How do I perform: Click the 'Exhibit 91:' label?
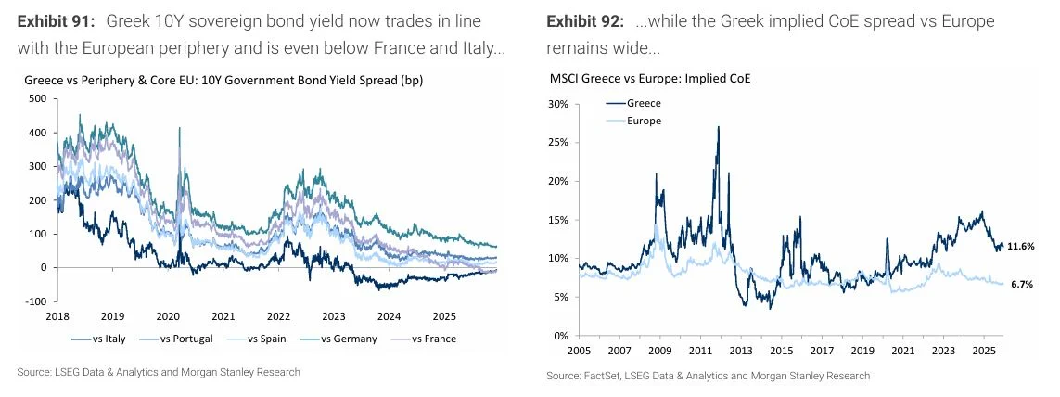tap(56, 20)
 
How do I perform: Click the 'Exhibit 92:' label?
tap(585, 20)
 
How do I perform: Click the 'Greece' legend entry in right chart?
tap(644, 104)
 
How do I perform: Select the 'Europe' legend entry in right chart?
tap(644, 121)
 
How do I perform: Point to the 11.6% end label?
tap(1022, 246)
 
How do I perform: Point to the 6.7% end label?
tap(1020, 284)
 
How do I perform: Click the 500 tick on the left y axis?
tap(38, 98)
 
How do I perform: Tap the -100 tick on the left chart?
tap(35, 301)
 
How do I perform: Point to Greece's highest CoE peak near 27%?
tap(718, 127)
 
